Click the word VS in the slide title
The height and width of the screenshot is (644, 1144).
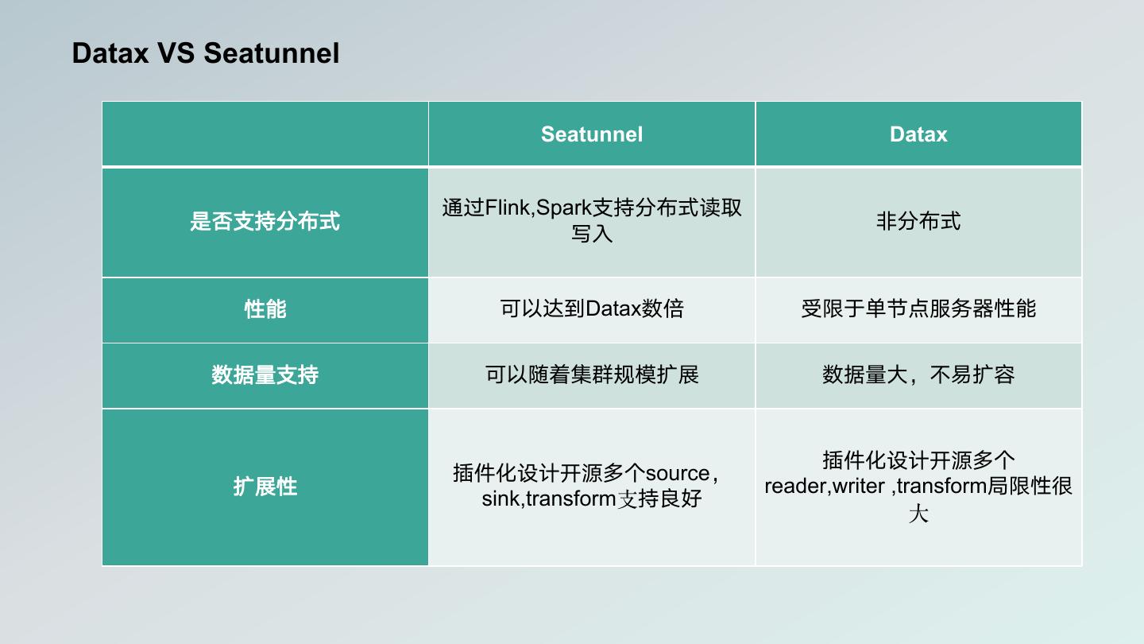(x=176, y=53)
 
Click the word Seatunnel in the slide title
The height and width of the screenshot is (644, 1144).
(x=271, y=53)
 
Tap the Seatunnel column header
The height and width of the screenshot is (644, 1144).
(x=591, y=134)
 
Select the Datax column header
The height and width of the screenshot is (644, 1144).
(x=918, y=134)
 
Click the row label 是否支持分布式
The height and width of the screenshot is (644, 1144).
(x=265, y=221)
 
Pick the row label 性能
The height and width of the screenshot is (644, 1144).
(x=265, y=309)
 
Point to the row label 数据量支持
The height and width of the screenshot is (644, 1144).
(x=265, y=374)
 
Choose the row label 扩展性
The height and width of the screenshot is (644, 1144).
(x=265, y=486)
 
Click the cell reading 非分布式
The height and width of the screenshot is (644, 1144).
(x=918, y=221)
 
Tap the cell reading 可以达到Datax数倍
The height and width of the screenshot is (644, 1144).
(x=591, y=308)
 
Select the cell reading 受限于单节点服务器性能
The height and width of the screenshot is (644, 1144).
(x=918, y=308)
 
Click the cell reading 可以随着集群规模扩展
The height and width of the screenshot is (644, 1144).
(x=591, y=374)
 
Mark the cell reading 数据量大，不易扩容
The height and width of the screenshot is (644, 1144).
(x=918, y=374)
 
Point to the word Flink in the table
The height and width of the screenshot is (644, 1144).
(x=508, y=208)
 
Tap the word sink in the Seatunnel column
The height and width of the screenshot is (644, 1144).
(x=500, y=499)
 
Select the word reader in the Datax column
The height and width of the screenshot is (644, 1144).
(x=797, y=486)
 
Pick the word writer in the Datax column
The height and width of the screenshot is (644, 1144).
(x=859, y=486)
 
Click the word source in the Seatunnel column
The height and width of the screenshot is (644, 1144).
(x=678, y=473)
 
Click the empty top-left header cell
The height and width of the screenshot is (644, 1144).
(x=265, y=134)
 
